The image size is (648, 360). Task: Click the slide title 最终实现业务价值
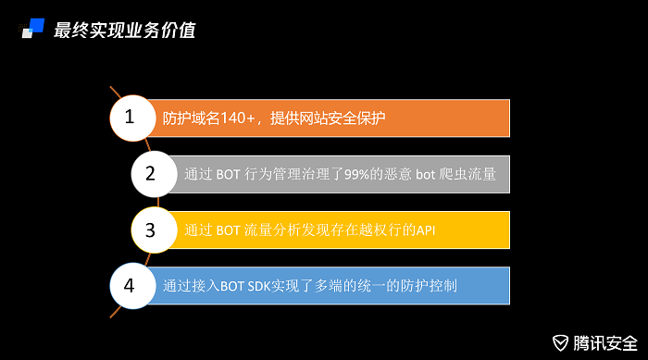point(124,31)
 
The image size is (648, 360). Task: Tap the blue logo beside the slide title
point(33,29)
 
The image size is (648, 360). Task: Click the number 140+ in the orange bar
point(240,118)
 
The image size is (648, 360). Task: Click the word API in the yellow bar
point(425,230)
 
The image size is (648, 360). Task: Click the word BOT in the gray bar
point(229,173)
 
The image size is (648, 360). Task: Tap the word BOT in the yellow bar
point(229,230)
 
